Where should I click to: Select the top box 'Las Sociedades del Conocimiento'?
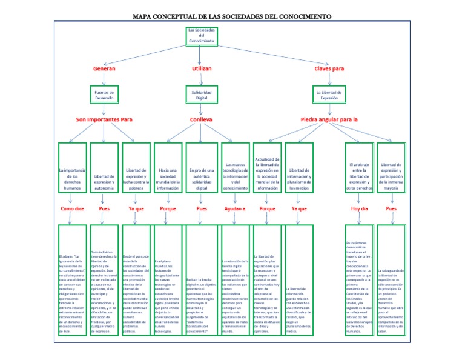pyautogui.click(x=200, y=36)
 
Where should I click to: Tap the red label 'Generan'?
pyautogui.click(x=104, y=69)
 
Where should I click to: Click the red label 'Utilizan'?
pyautogui.click(x=202, y=69)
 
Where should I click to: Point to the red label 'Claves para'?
pyautogui.click(x=329, y=69)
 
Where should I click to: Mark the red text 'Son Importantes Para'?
pyautogui.click(x=104, y=119)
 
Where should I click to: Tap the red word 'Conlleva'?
pyautogui.click(x=202, y=119)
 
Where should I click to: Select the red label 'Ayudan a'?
pyautogui.click(x=235, y=208)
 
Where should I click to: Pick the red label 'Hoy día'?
pyautogui.click(x=360, y=208)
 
